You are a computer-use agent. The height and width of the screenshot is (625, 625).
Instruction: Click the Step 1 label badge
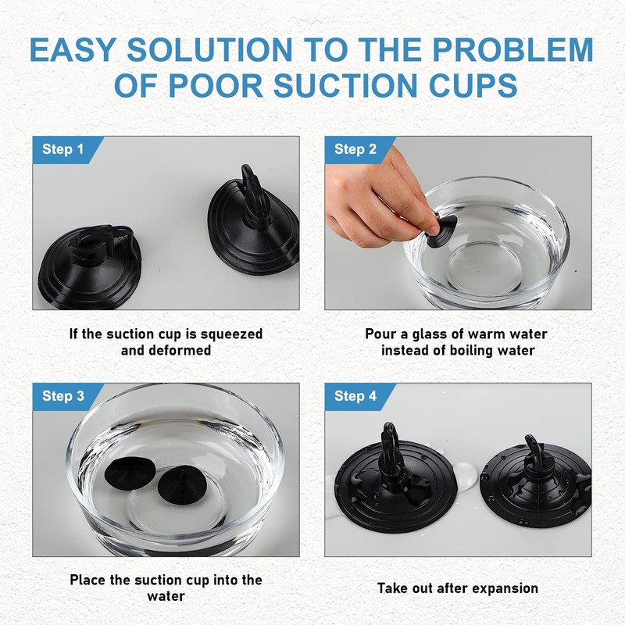(x=62, y=149)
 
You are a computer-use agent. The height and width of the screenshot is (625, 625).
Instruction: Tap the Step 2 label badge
(x=355, y=149)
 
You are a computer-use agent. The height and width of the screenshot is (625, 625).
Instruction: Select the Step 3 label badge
(x=62, y=396)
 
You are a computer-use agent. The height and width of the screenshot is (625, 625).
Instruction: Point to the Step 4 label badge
(x=355, y=396)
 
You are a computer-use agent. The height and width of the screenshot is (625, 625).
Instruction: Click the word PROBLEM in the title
(x=512, y=50)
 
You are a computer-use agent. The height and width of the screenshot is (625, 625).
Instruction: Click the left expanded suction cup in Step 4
(x=394, y=488)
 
